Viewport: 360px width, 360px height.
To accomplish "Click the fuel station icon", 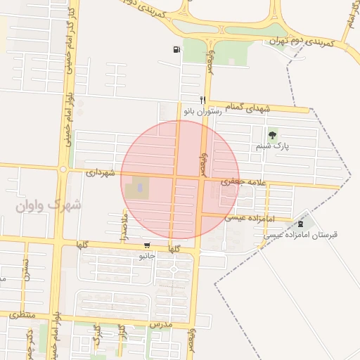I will click(x=174, y=49).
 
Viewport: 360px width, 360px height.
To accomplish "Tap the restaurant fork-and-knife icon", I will click(x=202, y=100).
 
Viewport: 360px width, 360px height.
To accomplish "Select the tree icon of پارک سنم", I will click(x=272, y=134).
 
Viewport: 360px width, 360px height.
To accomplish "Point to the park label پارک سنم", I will click(x=272, y=146).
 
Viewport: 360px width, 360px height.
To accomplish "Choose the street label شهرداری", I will click(x=101, y=172).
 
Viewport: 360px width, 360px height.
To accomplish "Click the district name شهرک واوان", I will click(x=47, y=206).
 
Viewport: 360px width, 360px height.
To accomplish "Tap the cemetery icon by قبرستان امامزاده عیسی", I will click(x=303, y=223).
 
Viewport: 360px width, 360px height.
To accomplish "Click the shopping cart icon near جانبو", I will click(x=146, y=245).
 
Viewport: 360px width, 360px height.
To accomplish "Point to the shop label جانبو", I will click(x=146, y=257).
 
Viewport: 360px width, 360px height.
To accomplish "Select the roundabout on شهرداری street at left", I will click(x=63, y=169).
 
